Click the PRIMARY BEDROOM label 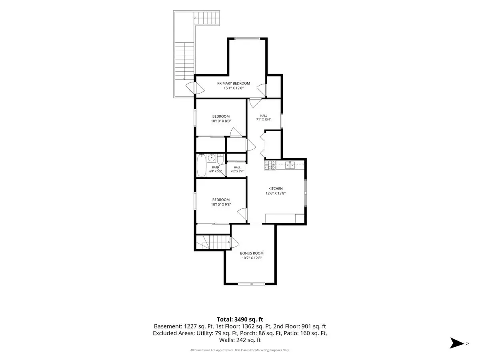coord(233,83)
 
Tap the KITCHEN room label coord(275,188)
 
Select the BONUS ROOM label coord(252,253)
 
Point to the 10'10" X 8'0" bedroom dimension coord(221,121)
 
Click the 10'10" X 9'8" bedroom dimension coord(221,204)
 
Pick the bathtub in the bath coord(202,165)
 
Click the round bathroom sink coord(212,157)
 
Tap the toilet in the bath coord(220,159)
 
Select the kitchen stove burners coord(270,165)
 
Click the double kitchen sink coord(290,165)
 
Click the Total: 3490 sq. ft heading coord(240,319)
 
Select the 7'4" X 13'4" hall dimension coord(264,120)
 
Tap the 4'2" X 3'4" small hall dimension coord(237,171)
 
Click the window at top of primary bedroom coord(248,39)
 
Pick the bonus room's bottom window coord(252,284)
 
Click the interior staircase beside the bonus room coord(213,242)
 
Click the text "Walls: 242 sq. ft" coord(240,340)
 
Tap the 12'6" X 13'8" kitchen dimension coord(276,193)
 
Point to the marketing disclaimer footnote coord(240,350)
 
